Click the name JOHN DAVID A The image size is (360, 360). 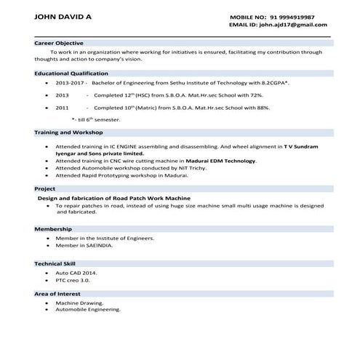64,15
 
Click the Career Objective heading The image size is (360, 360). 59,43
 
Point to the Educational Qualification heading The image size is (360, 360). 71,73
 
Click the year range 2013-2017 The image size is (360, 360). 69,84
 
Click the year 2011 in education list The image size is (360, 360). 62,107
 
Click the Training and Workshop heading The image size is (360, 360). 68,132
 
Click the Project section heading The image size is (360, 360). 45,188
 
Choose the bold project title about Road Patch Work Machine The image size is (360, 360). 113,198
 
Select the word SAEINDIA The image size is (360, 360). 98,245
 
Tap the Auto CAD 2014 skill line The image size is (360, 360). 76,272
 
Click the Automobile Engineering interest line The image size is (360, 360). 88,309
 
